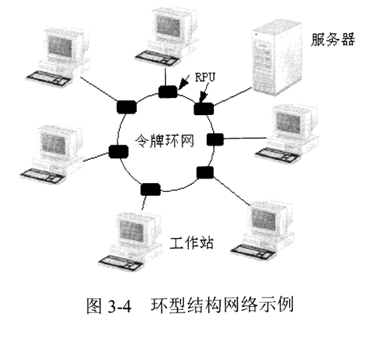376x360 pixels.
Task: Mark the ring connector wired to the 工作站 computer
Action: click(x=151, y=188)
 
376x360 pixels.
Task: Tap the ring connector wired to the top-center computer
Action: click(x=168, y=92)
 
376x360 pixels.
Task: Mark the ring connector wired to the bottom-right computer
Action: click(x=205, y=171)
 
